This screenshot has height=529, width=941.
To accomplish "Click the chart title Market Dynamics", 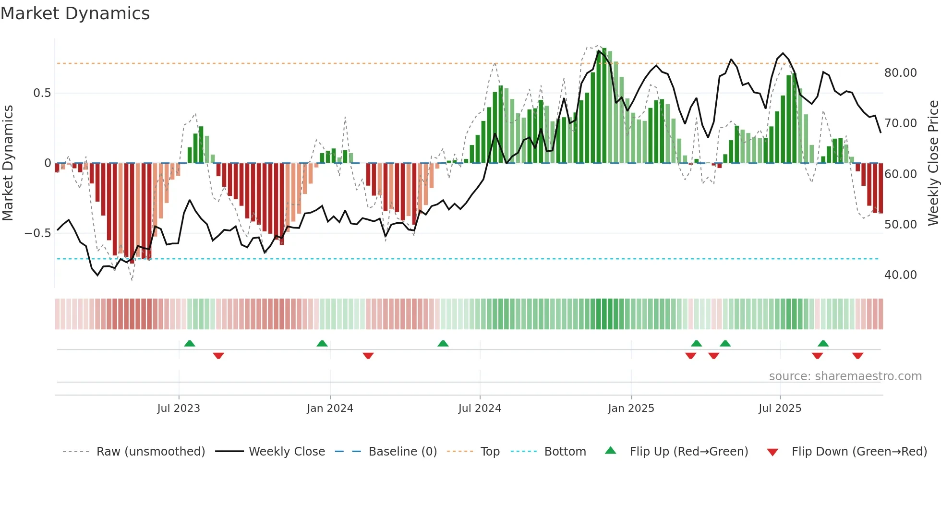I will [75, 13].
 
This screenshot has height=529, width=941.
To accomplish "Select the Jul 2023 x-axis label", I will [179, 409].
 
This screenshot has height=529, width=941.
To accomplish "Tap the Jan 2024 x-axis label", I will [330, 409].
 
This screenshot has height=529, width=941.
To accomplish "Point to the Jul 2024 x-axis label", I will [480, 409].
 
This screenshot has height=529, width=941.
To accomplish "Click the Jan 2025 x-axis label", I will [631, 409].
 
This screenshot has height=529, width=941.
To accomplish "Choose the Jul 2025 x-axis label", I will [780, 409].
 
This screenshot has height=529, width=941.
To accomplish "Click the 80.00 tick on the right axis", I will [900, 73].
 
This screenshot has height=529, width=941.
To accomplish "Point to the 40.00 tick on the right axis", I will [900, 275].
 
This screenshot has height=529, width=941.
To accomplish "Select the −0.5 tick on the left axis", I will [37, 233].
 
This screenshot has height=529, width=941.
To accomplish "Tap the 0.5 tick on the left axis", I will [42, 93].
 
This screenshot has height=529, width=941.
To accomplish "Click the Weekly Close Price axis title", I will [933, 163].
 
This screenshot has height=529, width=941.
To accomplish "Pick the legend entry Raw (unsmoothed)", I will [150, 452].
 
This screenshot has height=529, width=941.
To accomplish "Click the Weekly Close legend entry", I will [287, 452].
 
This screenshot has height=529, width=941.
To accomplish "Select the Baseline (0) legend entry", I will [402, 452].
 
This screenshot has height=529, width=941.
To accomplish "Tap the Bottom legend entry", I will [565, 452].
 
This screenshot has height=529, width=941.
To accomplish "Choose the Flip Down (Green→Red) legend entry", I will [859, 452].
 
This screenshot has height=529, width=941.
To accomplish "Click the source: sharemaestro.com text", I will [845, 376].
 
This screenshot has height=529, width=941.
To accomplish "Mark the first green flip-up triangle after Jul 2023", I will [190, 344].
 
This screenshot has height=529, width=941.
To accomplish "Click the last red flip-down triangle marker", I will [857, 356].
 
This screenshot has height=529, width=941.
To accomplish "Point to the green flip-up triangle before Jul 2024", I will [443, 344].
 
